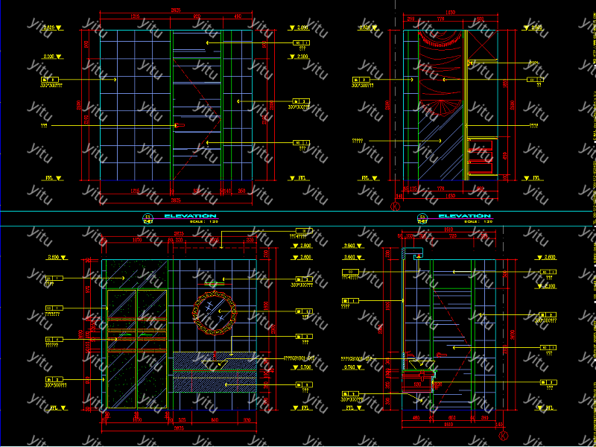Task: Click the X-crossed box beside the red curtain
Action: click(481, 49)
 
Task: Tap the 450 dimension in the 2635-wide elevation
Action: click(238, 16)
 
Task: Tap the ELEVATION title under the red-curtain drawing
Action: click(464, 216)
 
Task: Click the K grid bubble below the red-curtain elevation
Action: click(395, 203)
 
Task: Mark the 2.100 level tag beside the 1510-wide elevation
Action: click(550, 287)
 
